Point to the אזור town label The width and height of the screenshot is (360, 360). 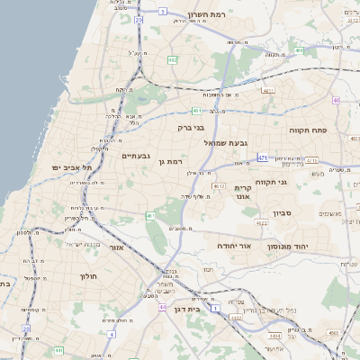(114, 246)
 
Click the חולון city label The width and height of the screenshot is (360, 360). (87, 276)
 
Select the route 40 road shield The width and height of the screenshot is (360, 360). (336, 100)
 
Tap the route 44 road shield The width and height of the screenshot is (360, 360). (163, 307)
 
